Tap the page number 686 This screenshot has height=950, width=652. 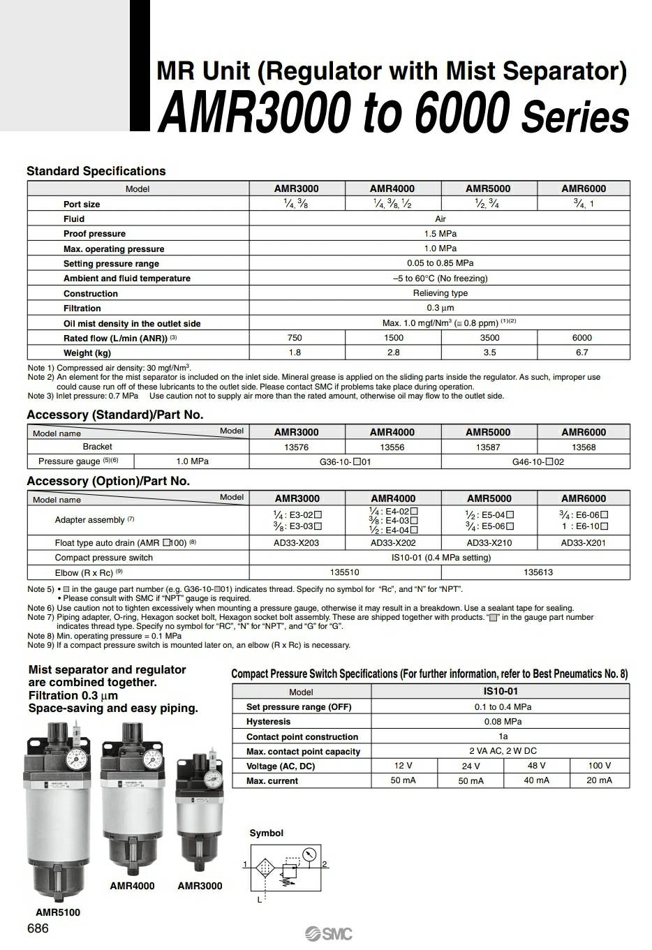[x=38, y=928]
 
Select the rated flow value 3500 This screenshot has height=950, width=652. [x=489, y=338]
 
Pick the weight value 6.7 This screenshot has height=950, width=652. [x=582, y=352]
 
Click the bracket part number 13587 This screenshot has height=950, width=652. [x=488, y=447]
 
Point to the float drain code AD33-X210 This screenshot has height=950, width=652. [x=489, y=542]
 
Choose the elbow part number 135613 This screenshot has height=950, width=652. [x=538, y=572]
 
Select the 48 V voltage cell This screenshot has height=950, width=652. [x=536, y=766]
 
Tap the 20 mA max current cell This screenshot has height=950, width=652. [x=599, y=780]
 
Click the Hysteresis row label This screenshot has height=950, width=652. [x=269, y=722]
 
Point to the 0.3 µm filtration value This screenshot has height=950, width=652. [x=440, y=308]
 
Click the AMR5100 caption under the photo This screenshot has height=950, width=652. [x=57, y=912]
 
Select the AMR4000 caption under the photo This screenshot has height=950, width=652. [x=132, y=886]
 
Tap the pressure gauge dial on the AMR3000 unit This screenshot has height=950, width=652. [x=214, y=776]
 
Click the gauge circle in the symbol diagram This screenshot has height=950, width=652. [x=310, y=853]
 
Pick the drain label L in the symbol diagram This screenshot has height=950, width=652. [x=260, y=900]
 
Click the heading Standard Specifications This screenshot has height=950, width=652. [x=96, y=171]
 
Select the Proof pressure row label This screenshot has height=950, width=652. [x=94, y=234]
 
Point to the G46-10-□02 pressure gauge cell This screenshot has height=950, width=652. [x=538, y=462]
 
